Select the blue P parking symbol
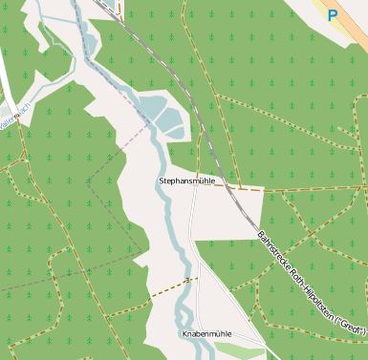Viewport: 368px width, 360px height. [x=332, y=14]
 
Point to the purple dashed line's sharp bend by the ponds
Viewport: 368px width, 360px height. [x=151, y=122]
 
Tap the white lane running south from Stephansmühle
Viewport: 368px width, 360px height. [x=191, y=239]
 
